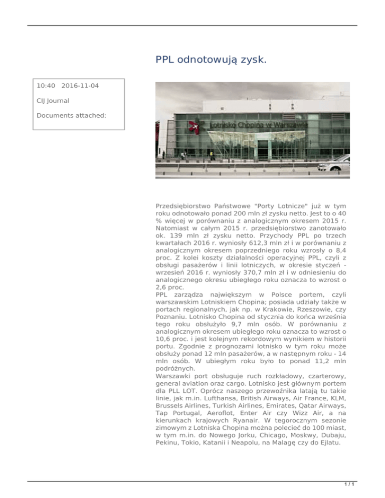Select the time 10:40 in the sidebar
point(46,86)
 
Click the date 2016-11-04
point(83,86)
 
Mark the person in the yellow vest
point(212,152)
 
